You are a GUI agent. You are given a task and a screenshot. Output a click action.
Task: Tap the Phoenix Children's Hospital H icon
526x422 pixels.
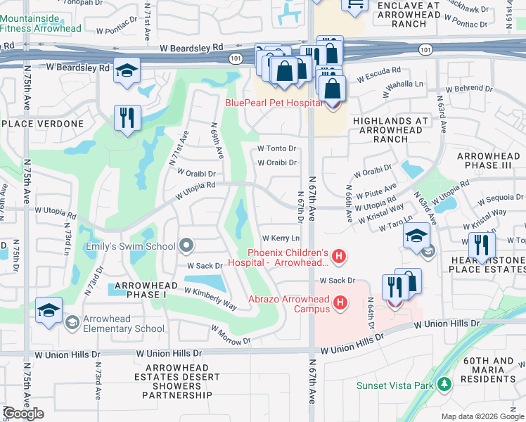[339, 257]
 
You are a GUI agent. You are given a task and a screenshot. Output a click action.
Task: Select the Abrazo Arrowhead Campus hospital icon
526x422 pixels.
[340, 303]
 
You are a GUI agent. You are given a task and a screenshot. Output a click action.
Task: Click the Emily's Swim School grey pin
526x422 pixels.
[186, 245]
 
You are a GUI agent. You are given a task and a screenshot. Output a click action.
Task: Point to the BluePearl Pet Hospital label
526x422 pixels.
[273, 103]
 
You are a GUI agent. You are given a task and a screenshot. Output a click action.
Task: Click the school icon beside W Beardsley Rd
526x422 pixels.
[127, 71]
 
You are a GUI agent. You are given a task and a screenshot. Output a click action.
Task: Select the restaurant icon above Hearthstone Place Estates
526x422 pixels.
[482, 245]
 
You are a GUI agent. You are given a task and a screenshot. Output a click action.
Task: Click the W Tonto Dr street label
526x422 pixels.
[276, 148]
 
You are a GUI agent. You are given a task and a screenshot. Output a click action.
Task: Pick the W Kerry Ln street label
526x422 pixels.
[276, 238]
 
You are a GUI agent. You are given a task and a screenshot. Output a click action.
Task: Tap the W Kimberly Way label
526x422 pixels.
[211, 299]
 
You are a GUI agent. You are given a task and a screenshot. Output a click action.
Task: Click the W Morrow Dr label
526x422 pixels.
[230, 335]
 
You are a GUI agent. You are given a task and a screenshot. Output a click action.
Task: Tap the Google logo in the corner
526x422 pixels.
[23, 414]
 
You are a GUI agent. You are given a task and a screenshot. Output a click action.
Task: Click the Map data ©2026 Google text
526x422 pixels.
[482, 416]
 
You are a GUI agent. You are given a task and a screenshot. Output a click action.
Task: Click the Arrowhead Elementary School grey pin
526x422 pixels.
[72, 323]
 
